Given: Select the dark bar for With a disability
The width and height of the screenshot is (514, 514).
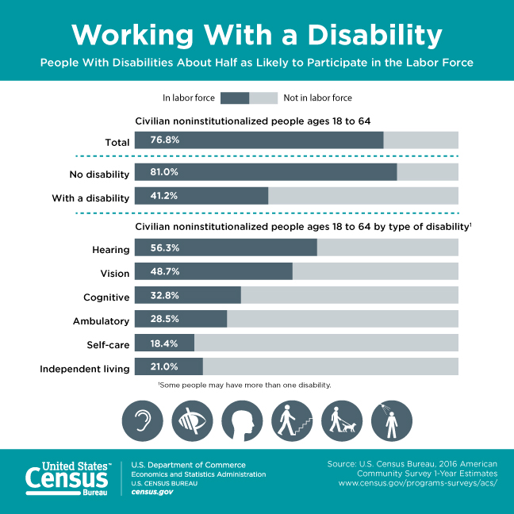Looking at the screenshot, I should coord(201,196).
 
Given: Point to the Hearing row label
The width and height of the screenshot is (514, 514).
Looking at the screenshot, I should coord(111,250).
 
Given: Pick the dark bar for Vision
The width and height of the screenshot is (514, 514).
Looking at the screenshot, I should coord(213,271).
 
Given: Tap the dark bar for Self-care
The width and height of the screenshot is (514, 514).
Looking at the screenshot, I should coord(164,343).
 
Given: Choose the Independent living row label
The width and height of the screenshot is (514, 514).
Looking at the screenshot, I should coord(85,369).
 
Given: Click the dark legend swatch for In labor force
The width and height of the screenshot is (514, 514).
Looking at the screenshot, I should coord(235,98).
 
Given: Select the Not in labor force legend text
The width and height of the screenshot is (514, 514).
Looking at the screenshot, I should coord(317,98).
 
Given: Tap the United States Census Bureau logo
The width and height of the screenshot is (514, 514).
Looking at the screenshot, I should coord(67,476).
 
